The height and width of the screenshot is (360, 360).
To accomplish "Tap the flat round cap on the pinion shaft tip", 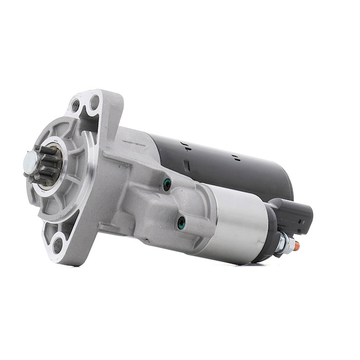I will click(29, 163).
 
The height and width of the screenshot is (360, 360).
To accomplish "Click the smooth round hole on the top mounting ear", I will click(94, 102).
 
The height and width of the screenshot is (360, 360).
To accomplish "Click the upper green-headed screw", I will click(166, 184).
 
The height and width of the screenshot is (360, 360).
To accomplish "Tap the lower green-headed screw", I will click(181, 223).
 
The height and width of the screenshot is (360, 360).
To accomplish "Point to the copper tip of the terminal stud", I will click(297, 246).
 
